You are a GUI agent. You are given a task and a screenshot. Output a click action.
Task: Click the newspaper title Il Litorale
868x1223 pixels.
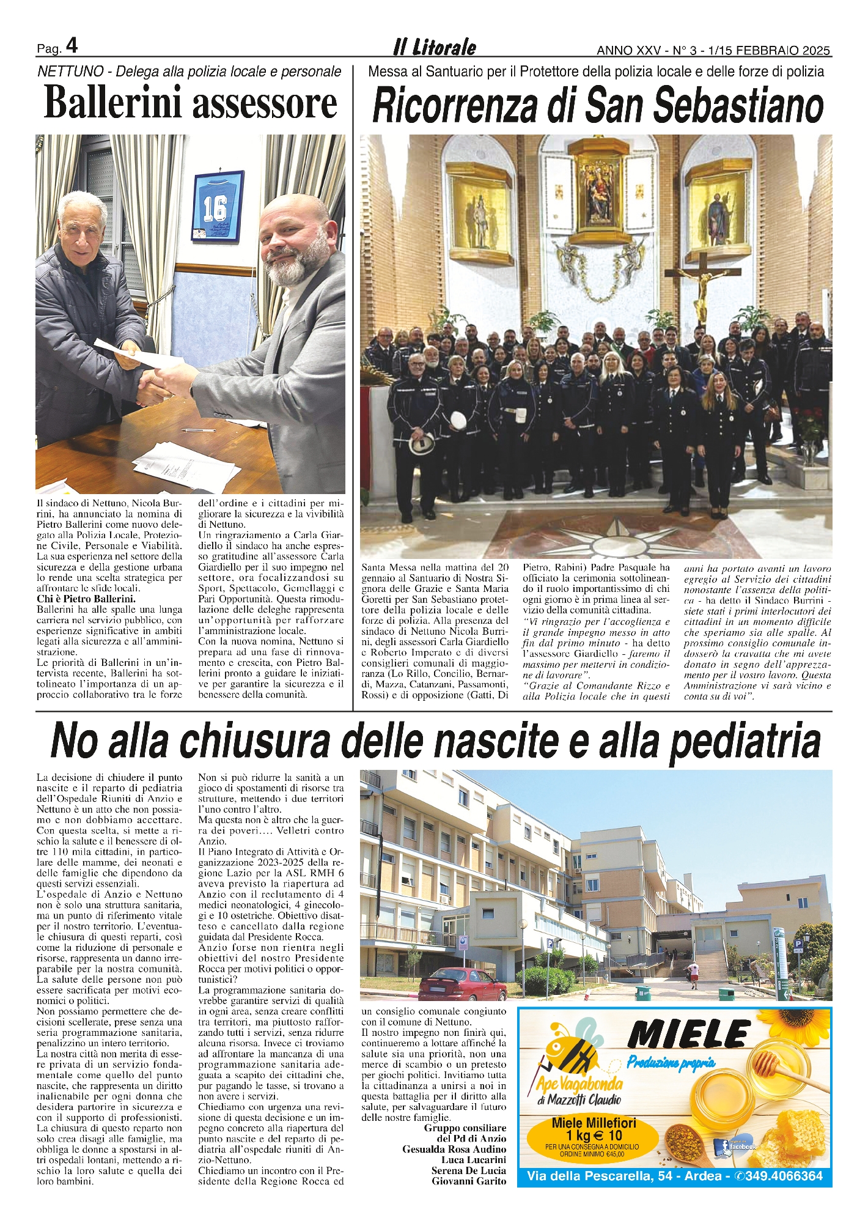pyautogui.click(x=434, y=47)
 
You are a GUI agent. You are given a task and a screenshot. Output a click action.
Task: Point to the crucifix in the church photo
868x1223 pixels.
pyautogui.click(x=702, y=287)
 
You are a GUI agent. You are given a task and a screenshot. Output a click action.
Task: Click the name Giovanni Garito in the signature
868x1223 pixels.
pyautogui.click(x=469, y=1181)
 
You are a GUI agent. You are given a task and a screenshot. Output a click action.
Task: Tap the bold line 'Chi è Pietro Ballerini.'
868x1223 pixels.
pyautogui.click(x=86, y=599)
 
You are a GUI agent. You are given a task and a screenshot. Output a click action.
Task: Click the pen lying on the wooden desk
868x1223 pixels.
pyautogui.click(x=199, y=430)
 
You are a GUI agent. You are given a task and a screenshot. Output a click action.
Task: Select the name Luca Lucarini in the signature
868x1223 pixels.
pyautogui.click(x=474, y=1159)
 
